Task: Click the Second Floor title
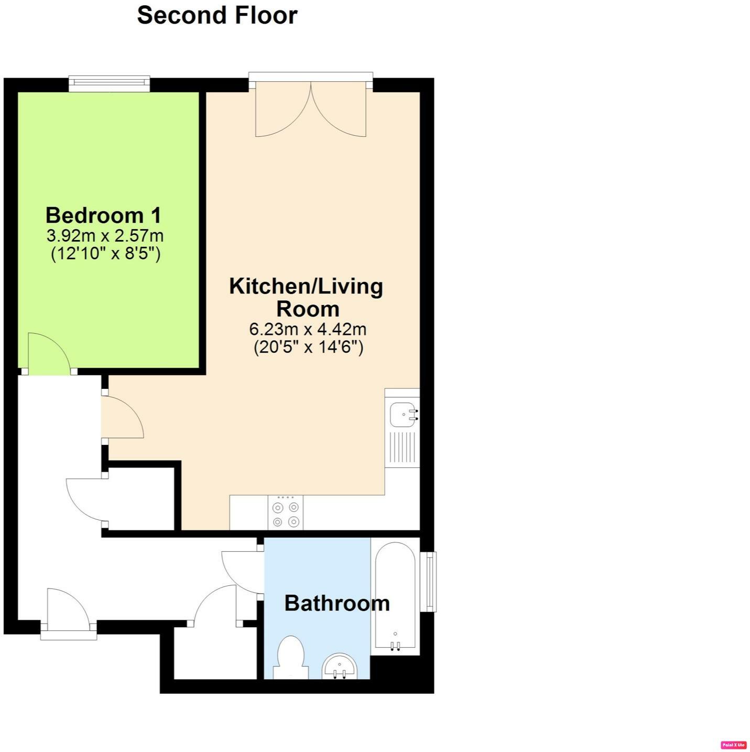pyautogui.click(x=217, y=15)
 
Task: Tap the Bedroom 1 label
pyautogui.click(x=103, y=215)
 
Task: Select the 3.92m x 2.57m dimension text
pyautogui.click(x=105, y=235)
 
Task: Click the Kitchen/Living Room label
pyautogui.click(x=307, y=297)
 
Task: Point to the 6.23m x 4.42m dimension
pyautogui.click(x=308, y=329)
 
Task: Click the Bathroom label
pyautogui.click(x=336, y=603)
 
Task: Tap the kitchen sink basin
pyautogui.click(x=403, y=415)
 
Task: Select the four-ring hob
pyautogui.click(x=285, y=514)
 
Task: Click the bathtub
pyautogui.click(x=395, y=597)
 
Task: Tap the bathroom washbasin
pyautogui.click(x=340, y=667)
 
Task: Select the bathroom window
pyautogui.click(x=430, y=582)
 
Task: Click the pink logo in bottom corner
pyautogui.click(x=733, y=745)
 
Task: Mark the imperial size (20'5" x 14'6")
pyautogui.click(x=308, y=347)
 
